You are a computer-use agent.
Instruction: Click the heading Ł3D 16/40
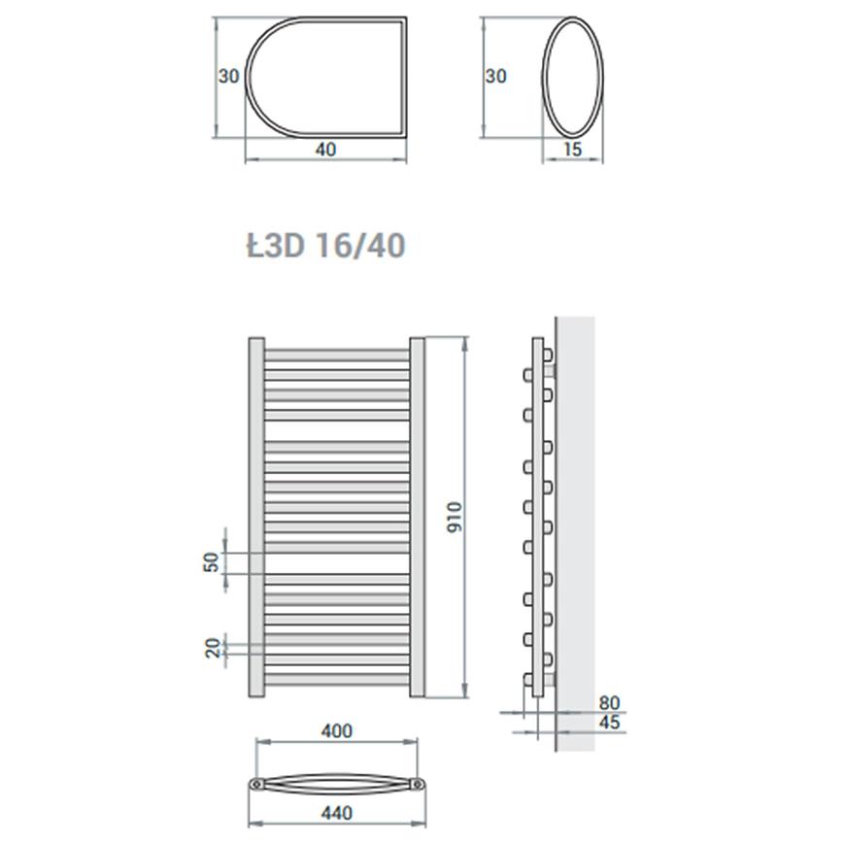(326, 246)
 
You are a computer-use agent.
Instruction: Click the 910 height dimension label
(455, 517)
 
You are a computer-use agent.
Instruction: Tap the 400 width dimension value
(337, 731)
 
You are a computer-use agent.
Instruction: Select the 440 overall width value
(337, 813)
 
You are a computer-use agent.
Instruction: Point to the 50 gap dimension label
(213, 562)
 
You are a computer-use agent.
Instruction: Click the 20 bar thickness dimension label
(214, 648)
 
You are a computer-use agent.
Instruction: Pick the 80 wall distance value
(610, 703)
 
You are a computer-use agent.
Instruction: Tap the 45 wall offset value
(610, 722)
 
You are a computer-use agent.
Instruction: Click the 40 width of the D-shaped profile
(325, 150)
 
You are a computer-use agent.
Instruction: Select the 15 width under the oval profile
(572, 150)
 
